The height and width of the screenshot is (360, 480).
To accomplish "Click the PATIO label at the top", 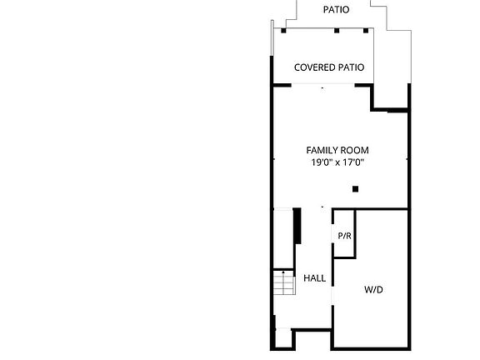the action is tap(336, 9).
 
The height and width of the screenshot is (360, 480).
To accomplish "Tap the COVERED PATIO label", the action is tap(329, 67).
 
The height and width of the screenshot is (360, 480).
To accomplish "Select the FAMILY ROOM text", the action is tap(337, 150).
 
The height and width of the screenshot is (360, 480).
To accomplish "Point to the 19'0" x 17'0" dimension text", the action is tap(337, 162).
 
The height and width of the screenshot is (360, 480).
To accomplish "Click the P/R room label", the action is tap(344, 236).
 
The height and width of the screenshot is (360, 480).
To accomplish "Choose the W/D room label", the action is tap(373, 290).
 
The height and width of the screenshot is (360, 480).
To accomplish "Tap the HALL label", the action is tap(314, 278).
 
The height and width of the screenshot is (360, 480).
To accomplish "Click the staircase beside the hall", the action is tap(284, 282).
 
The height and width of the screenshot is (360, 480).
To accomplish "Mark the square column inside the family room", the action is tap(355, 189).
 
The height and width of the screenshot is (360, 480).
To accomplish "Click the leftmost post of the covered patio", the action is tap(283, 31).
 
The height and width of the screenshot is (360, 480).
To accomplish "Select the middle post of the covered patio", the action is tap(337, 31).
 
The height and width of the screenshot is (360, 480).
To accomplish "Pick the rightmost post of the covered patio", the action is tap(366, 31).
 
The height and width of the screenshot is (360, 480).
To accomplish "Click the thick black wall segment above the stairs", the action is tap(297, 226).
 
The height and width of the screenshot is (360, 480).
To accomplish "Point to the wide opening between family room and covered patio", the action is tap(323, 84).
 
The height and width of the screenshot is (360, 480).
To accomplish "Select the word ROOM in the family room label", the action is tap(355, 150).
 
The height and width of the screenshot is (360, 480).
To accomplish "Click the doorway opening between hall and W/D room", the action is tap(332, 297).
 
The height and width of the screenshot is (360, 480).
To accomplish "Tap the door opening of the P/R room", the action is tap(332, 234).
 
